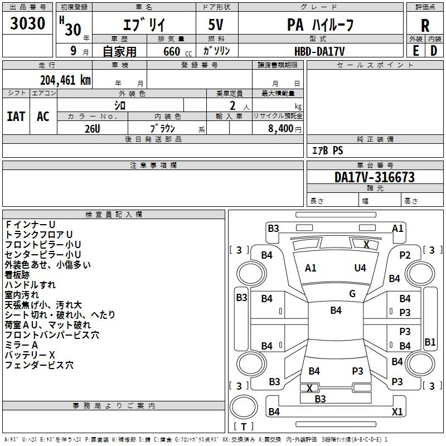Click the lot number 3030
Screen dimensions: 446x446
pyautogui.click(x=28, y=23)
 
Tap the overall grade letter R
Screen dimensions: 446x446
pyautogui.click(x=425, y=26)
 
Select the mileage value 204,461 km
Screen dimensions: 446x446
pyautogui.click(x=65, y=80)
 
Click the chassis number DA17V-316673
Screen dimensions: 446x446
pyautogui.click(x=374, y=177)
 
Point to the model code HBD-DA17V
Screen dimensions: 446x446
pyautogui.click(x=319, y=51)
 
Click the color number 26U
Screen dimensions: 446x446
pyautogui.click(x=93, y=128)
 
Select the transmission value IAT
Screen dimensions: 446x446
pyautogui.click(x=16, y=116)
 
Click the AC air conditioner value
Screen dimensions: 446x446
pyautogui.click(x=43, y=116)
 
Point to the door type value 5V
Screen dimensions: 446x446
pyautogui.click(x=217, y=26)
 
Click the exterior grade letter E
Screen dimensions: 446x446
pyautogui.click(x=415, y=50)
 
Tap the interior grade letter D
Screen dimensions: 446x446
pyautogui.click(x=434, y=50)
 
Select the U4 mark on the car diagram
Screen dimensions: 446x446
pyautogui.click(x=360, y=268)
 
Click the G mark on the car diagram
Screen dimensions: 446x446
pyautogui.click(x=352, y=294)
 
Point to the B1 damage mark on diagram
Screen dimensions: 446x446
pyautogui.click(x=430, y=342)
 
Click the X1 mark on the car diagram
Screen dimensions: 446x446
pyautogui.click(x=397, y=412)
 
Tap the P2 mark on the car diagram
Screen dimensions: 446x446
pyautogui.click(x=405, y=255)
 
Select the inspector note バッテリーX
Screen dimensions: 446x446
pyautogui.click(x=30, y=355)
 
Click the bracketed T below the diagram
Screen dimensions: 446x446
pyautogui.click(x=244, y=426)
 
